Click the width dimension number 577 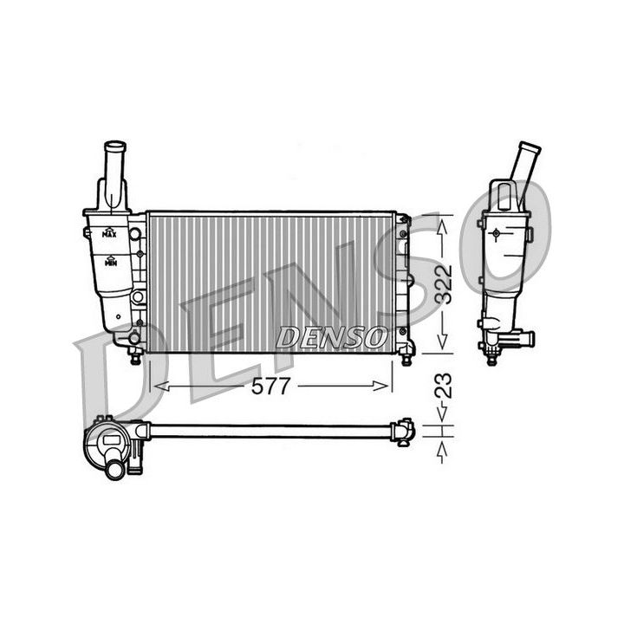click(x=271, y=388)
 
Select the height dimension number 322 click(x=444, y=283)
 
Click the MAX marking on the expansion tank click(x=109, y=233)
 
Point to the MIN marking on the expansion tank click(x=110, y=261)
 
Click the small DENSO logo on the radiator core click(x=331, y=336)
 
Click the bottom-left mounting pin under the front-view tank click(x=135, y=357)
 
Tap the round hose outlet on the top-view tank click(x=114, y=469)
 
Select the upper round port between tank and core click(x=135, y=233)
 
